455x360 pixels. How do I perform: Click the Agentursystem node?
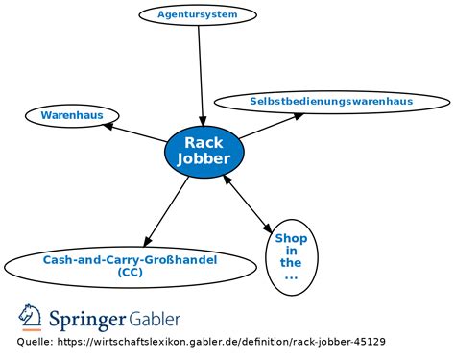(x=199, y=14)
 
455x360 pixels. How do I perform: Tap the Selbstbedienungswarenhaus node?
(x=331, y=101)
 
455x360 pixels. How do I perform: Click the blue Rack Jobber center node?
(x=204, y=151)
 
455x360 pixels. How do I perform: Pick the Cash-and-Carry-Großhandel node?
(x=130, y=266)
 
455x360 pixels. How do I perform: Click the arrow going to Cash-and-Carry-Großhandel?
(x=168, y=209)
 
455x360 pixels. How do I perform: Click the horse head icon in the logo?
(x=30, y=318)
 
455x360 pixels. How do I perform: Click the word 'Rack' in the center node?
(x=204, y=143)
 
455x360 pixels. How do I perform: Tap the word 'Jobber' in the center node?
(x=204, y=159)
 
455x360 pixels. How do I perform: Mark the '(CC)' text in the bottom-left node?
(x=130, y=273)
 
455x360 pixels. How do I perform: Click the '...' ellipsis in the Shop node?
(x=290, y=276)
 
